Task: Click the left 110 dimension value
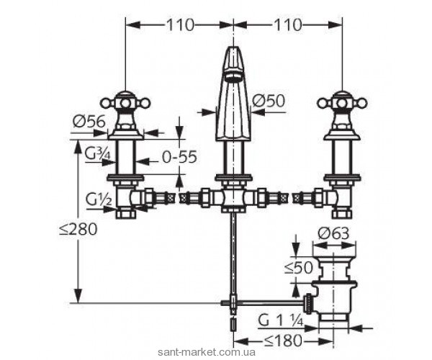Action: click(x=180, y=25)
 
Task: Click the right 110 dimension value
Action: click(x=288, y=25)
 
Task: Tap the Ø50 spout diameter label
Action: click(x=269, y=101)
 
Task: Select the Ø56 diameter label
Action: click(x=89, y=121)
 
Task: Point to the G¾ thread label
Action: click(x=97, y=154)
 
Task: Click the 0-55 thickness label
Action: click(x=179, y=157)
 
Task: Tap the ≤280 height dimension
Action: click(x=78, y=229)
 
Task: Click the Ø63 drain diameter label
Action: click(x=333, y=234)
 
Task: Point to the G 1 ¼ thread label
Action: click(x=281, y=321)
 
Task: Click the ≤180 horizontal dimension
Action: click(x=284, y=341)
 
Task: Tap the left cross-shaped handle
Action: click(x=125, y=104)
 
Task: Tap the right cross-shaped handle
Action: click(x=342, y=104)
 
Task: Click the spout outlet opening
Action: click(x=233, y=76)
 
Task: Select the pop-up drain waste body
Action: click(x=333, y=285)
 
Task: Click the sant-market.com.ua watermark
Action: click(x=207, y=352)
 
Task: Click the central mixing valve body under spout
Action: click(x=233, y=197)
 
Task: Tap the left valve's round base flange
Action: click(x=125, y=135)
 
